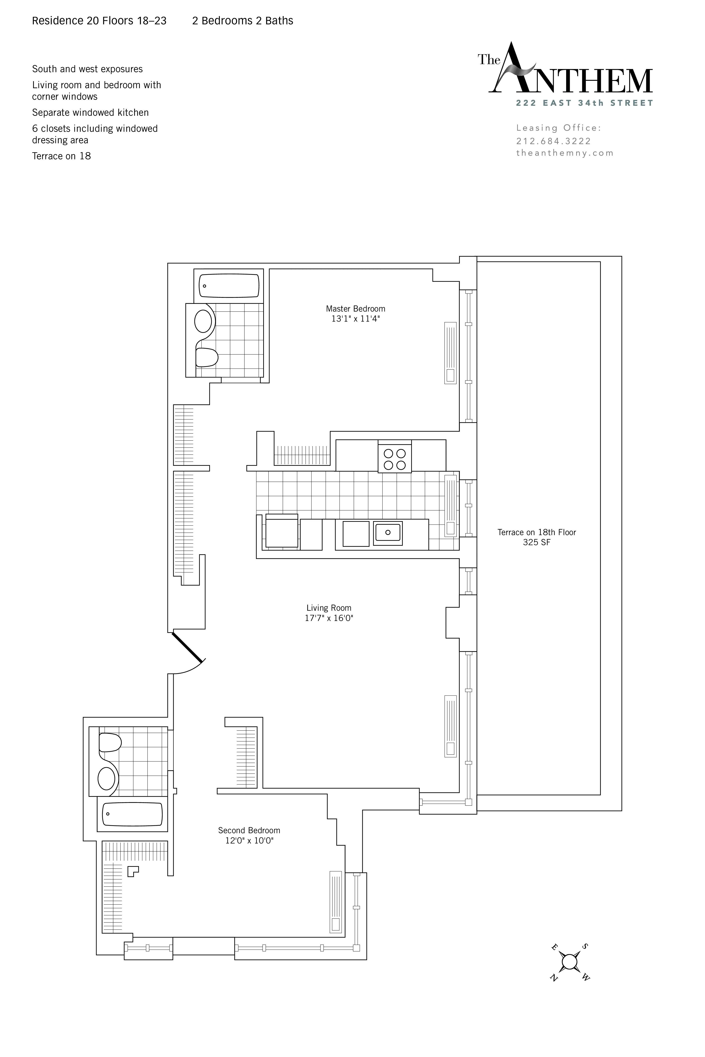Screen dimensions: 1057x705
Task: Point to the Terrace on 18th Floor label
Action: [x=536, y=532]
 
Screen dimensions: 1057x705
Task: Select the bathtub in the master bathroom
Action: [x=229, y=286]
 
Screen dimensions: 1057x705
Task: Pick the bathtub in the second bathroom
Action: [x=132, y=814]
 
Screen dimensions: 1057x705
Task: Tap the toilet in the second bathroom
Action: [x=110, y=742]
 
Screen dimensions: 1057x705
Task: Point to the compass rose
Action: [x=569, y=962]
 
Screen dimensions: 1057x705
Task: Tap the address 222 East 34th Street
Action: [x=584, y=103]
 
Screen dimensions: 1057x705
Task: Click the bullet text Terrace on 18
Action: [x=61, y=156]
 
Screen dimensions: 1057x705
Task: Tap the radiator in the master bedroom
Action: [x=450, y=353]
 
